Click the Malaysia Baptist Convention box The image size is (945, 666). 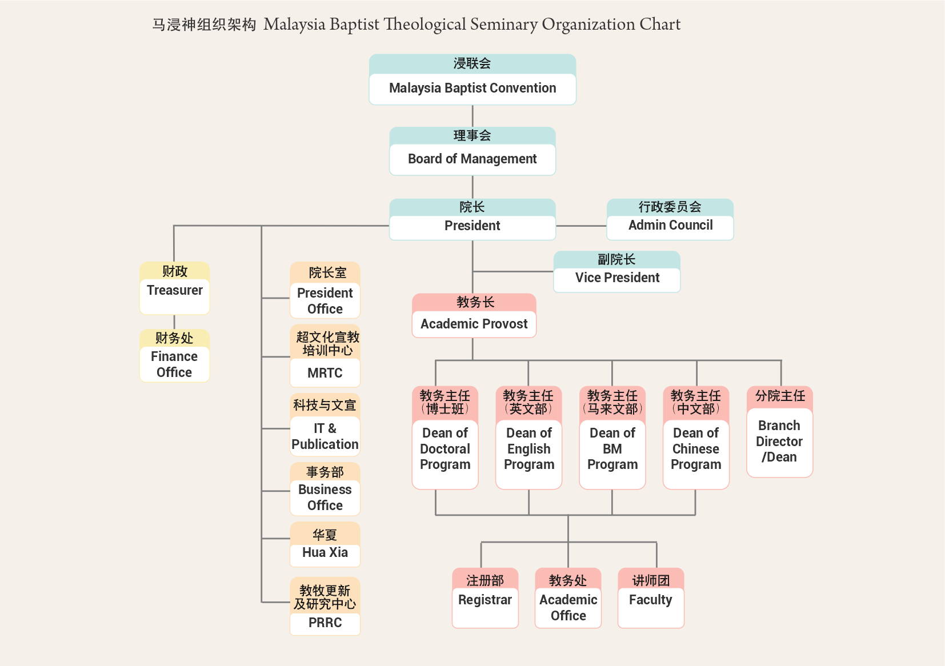pos(472,80)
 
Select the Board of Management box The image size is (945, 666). pos(472,152)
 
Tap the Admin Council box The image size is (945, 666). pos(670,219)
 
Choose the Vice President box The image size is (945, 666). pos(617,272)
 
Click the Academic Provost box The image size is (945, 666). pos(474,316)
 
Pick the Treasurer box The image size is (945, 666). pos(174,288)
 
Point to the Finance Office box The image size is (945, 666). pos(174,356)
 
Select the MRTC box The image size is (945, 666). pos(325,356)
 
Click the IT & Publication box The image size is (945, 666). pos(325,425)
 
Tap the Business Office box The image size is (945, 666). pos(325,490)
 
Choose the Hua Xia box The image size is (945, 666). pos(325,544)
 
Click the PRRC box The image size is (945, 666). pos(325,607)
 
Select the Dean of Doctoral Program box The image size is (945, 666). pos(445,438)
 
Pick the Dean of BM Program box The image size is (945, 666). pos(612,438)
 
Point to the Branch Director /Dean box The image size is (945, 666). pos(779,432)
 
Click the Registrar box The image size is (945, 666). pos(484,598)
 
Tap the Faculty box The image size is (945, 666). pos(651,598)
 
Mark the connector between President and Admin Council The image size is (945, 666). pos(580,226)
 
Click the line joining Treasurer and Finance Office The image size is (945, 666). pos(174,322)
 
